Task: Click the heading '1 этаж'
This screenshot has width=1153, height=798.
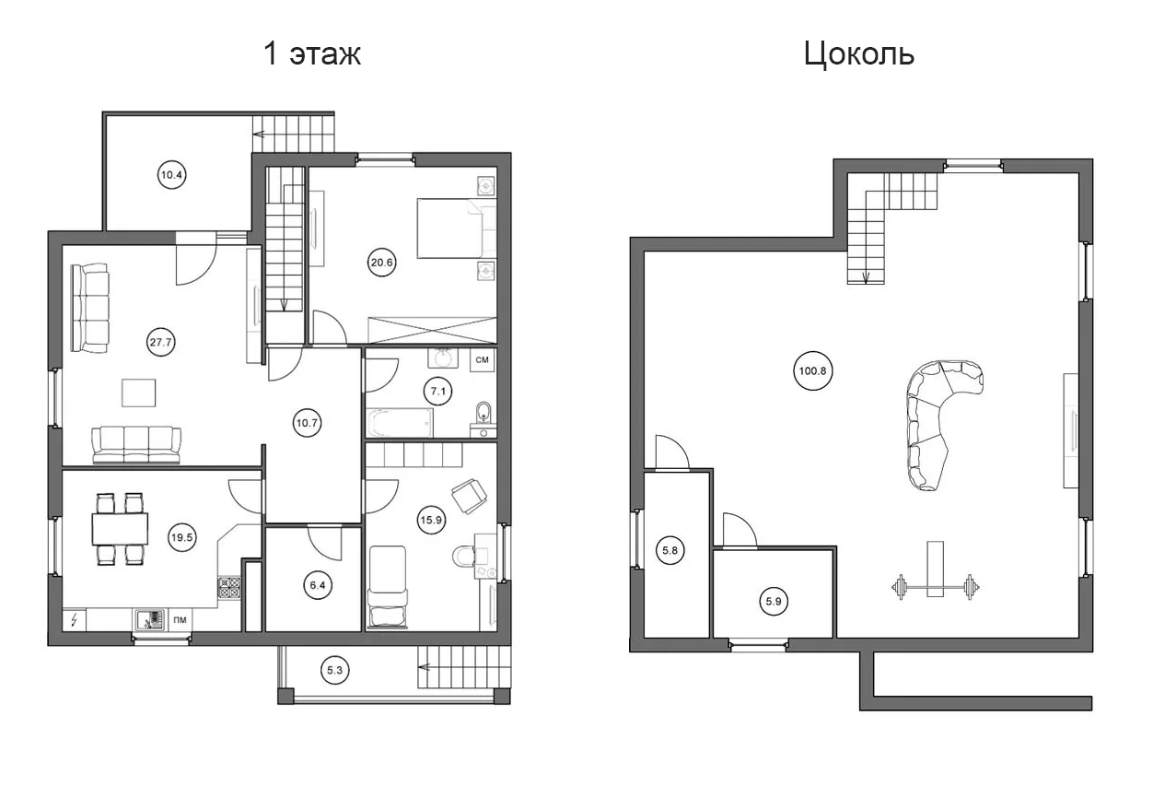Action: [312, 54]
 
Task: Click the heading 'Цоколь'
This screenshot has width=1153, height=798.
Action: [858, 54]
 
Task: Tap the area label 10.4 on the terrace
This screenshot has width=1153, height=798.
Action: [171, 175]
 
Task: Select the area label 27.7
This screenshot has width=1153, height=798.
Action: [160, 342]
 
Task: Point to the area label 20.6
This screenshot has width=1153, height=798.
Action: [381, 263]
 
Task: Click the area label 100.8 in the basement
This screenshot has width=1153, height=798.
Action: [813, 370]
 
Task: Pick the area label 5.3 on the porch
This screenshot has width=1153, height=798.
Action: [334, 670]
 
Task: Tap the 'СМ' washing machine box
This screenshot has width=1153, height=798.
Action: [483, 359]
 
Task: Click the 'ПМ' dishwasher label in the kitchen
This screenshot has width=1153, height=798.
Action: [180, 620]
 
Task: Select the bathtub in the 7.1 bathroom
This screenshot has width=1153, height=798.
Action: [400, 423]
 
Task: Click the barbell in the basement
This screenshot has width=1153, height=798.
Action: [936, 586]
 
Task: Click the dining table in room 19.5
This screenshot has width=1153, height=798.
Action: [120, 529]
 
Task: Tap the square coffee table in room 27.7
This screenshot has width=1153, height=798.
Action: [138, 393]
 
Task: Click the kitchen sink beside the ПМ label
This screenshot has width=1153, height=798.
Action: [150, 620]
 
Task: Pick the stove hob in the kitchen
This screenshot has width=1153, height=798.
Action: [229, 588]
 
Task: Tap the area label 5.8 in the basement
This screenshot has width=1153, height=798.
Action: [670, 550]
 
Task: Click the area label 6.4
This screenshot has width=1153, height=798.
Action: [318, 585]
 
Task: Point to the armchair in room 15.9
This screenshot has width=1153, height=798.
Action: [469, 496]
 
